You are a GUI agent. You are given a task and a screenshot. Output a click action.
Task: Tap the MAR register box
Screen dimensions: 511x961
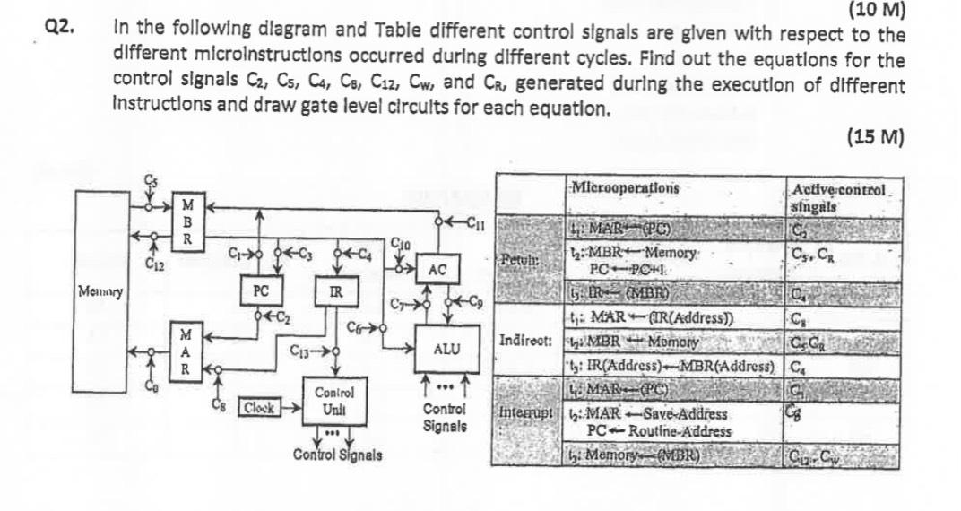pyautogui.click(x=186, y=349)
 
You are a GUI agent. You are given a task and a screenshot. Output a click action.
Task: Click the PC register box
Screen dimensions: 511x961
pyautogui.click(x=261, y=291)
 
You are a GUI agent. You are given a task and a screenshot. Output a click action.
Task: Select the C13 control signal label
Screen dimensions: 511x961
pyautogui.click(x=302, y=351)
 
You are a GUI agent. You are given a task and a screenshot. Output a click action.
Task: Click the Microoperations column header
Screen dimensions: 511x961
pyautogui.click(x=625, y=189)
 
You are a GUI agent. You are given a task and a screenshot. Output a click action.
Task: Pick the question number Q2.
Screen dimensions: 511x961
pyautogui.click(x=59, y=29)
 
